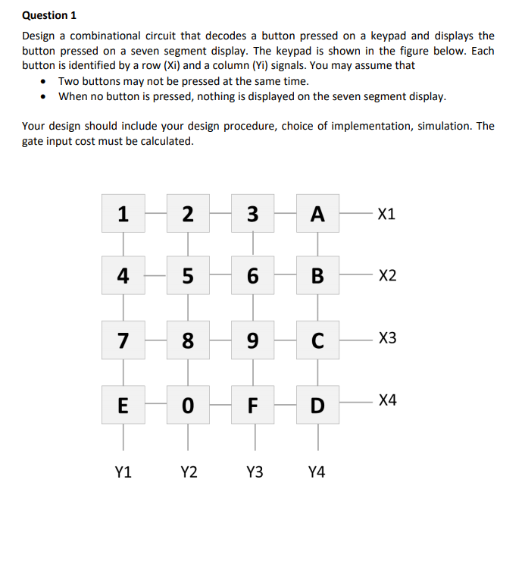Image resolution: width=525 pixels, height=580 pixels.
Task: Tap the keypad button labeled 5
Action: [x=188, y=276]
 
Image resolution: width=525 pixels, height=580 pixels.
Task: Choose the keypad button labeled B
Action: [x=318, y=276]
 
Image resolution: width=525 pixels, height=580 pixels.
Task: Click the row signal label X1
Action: [x=386, y=215]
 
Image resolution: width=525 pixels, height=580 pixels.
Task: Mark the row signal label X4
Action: [x=387, y=399]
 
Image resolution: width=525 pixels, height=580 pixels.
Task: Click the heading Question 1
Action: [x=49, y=15]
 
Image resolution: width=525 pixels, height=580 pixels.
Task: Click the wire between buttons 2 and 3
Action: [x=220, y=215]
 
